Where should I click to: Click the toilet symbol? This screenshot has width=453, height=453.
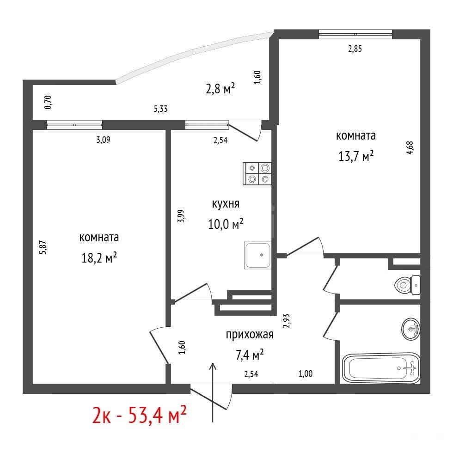tap(407, 285)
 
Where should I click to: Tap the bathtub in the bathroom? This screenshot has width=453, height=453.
tap(381, 368)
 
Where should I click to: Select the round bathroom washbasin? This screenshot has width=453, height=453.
tap(411, 329)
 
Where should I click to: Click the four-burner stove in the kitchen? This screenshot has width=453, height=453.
tap(257, 173)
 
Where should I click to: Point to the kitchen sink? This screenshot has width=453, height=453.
tap(258, 255)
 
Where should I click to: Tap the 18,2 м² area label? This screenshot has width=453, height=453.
tap(99, 257)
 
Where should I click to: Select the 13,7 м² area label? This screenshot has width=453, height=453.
tap(356, 156)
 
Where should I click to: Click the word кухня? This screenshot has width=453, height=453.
tap(226, 204)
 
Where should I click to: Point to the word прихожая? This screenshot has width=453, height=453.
tap(250, 335)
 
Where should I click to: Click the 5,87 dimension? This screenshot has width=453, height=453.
tap(43, 247)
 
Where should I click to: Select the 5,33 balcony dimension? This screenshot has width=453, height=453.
tap(161, 109)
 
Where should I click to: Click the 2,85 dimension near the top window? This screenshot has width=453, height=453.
tap(355, 49)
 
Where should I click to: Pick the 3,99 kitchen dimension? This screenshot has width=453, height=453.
tap(181, 216)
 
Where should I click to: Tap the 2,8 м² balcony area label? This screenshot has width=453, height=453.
tap(220, 88)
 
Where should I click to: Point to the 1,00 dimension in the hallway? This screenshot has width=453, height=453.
tap(306, 374)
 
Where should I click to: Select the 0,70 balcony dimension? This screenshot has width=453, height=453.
tap(48, 102)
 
